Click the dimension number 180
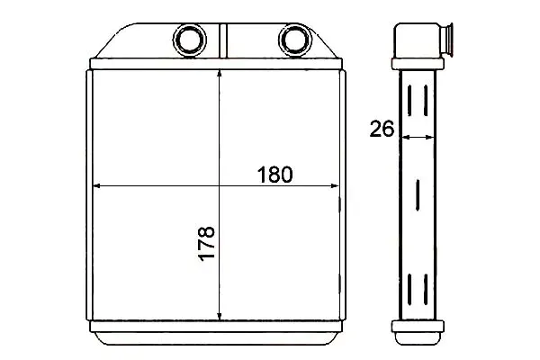[x=275, y=175]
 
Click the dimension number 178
[x=207, y=244]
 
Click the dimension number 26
[x=382, y=129]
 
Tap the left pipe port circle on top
[x=189, y=40]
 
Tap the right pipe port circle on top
[x=294, y=40]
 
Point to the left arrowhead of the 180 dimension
[x=97, y=185]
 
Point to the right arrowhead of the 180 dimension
[x=335, y=185]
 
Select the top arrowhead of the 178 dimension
[x=220, y=74]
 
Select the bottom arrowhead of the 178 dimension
[x=220, y=316]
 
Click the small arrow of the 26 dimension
[x=418, y=137]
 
